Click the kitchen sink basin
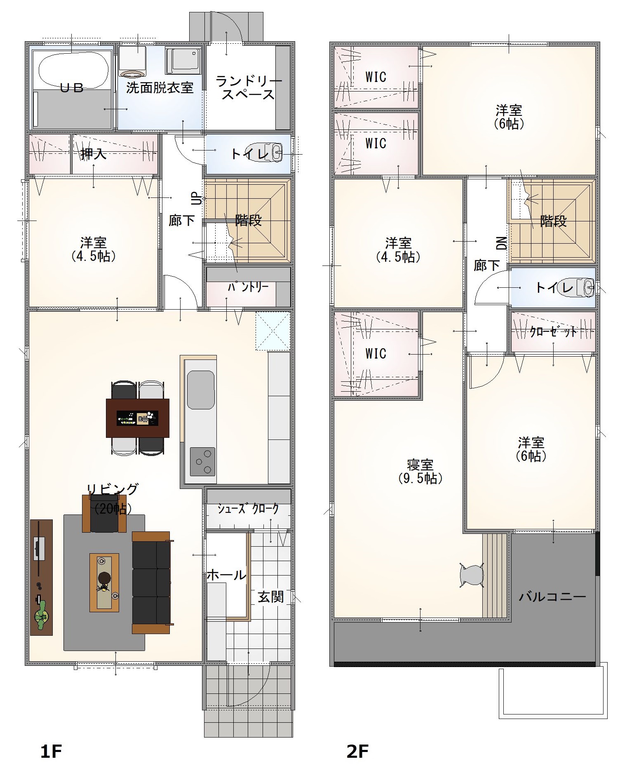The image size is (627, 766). (201, 390)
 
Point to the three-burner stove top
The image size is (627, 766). (202, 461)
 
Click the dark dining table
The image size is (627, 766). (138, 418)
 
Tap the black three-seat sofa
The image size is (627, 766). (151, 582)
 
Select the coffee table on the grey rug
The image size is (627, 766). (104, 583)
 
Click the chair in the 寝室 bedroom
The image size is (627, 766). (471, 574)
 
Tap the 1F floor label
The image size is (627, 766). (51, 752)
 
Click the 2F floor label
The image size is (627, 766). (357, 752)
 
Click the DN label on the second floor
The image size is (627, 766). (502, 243)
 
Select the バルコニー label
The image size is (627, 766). (552, 597)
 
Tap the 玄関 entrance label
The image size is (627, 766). (271, 597)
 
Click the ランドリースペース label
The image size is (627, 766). (249, 87)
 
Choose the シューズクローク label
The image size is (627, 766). (248, 509)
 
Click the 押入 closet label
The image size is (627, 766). (94, 154)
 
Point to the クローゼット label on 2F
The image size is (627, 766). (553, 332)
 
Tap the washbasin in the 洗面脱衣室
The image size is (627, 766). (132, 61)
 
